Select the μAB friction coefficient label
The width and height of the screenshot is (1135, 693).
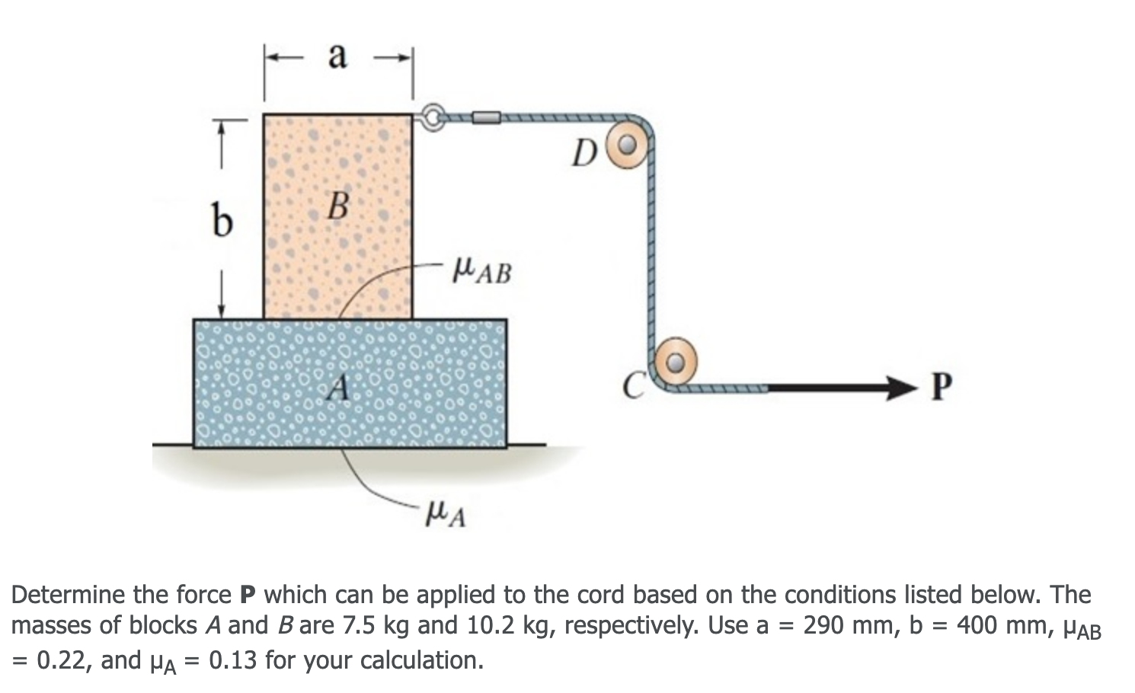481,270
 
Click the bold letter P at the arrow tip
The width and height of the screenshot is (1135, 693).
942,388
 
